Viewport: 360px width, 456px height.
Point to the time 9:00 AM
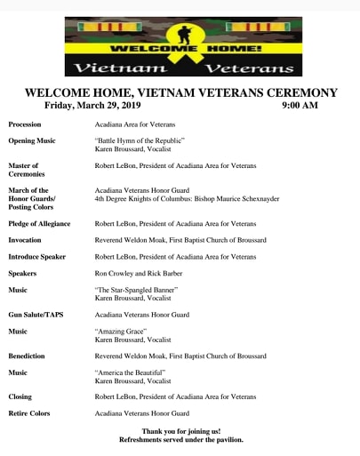click(x=299, y=106)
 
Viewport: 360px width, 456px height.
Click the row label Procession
click(x=25, y=124)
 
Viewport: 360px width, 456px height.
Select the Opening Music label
click(x=32, y=141)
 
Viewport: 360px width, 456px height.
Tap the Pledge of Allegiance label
click(x=39, y=224)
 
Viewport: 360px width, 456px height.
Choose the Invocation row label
click(x=25, y=240)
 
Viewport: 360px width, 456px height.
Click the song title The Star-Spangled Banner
click(x=137, y=290)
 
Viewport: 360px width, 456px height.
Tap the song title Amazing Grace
click(x=121, y=331)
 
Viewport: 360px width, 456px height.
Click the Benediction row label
click(x=27, y=356)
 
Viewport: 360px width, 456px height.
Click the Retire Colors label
click(x=29, y=413)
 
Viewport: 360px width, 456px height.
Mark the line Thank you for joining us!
click(x=180, y=431)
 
